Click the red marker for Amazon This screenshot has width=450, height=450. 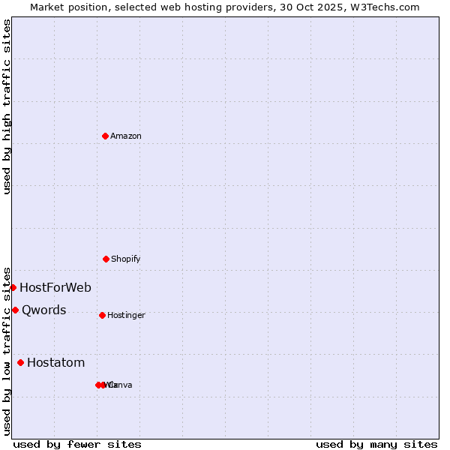pos(105,136)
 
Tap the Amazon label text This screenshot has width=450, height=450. pos(126,136)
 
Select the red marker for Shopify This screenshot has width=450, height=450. pos(106,259)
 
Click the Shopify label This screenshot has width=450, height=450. pos(126,259)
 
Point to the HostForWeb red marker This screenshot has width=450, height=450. pos(13,287)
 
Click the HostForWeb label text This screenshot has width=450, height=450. pos(55,287)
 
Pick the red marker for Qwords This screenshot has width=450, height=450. pos(15,310)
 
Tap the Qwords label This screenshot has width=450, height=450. pos(44,310)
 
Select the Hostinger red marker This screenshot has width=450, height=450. pos(102,315)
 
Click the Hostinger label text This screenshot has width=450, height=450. pos(126,315)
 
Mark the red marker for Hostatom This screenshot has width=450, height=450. pos(20,362)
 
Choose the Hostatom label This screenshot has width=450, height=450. pos(56,362)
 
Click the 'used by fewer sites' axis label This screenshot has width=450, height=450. pos(77,444)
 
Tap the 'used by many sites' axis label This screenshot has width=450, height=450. pos(376,444)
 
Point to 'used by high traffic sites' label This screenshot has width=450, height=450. pos(7,106)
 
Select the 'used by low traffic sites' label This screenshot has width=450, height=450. pos(7,350)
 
